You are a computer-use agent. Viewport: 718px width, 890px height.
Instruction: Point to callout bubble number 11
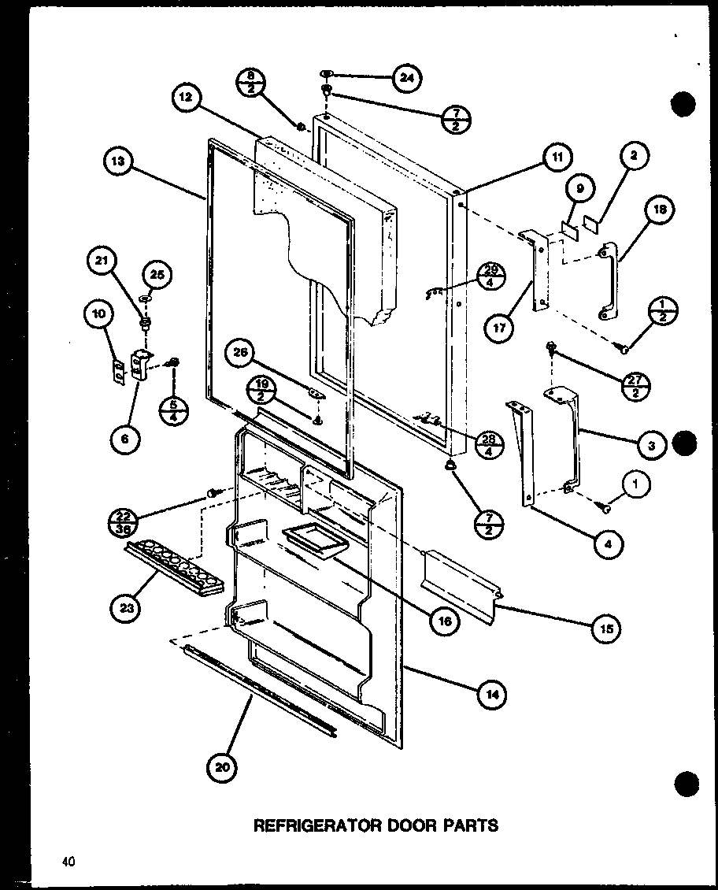coord(556,158)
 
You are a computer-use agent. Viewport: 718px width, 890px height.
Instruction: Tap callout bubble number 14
coord(493,694)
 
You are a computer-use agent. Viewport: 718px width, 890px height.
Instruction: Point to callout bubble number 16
coord(445,621)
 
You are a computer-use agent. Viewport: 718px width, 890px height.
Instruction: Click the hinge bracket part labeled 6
coord(141,368)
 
